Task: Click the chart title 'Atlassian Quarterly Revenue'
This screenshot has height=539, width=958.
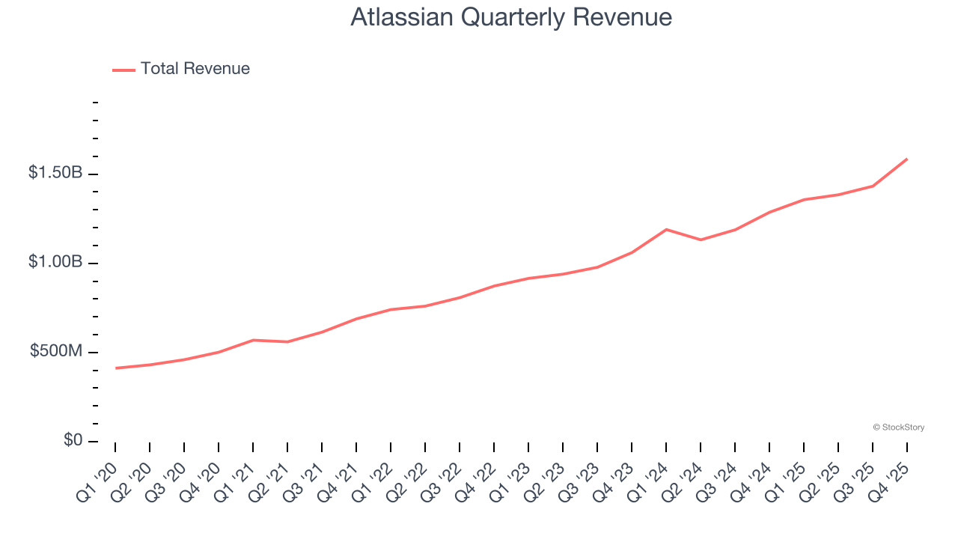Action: (511, 17)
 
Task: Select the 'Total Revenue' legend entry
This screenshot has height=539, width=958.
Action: (195, 69)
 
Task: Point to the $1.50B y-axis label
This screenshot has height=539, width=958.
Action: (55, 173)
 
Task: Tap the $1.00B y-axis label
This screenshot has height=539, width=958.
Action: (55, 262)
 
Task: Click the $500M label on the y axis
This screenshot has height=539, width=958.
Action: (56, 351)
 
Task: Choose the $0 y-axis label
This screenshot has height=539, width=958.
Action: (73, 440)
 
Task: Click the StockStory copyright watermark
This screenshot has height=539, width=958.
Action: (898, 427)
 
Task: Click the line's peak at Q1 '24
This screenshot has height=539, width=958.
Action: (666, 229)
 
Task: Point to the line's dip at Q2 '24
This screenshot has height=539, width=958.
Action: (701, 240)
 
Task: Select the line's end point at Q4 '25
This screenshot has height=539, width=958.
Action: (907, 159)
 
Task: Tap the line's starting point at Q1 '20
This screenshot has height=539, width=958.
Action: (115, 368)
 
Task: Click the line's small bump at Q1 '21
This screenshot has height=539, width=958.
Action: (253, 340)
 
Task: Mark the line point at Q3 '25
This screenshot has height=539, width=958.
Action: (873, 186)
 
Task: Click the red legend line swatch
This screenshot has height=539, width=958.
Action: (123, 70)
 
